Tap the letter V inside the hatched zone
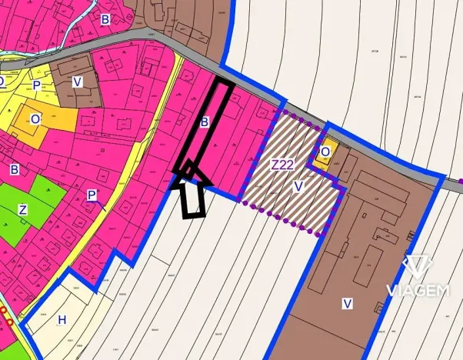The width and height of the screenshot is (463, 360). [x=299, y=185]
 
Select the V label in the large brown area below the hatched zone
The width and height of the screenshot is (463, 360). [x=347, y=304]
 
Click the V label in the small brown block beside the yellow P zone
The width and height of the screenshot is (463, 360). [x=78, y=81]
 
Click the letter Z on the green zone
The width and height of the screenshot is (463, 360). [x=23, y=210]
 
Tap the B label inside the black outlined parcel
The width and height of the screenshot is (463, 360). [x=205, y=122]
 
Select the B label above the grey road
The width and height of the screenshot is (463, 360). [x=105, y=18]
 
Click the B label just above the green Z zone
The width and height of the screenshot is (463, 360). [x=14, y=168]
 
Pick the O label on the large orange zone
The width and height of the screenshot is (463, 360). [x=35, y=119]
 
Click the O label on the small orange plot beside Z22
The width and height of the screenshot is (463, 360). [x=325, y=152]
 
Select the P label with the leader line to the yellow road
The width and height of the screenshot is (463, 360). [x=92, y=195]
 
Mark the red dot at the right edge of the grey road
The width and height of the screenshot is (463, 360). [x=459, y=182]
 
